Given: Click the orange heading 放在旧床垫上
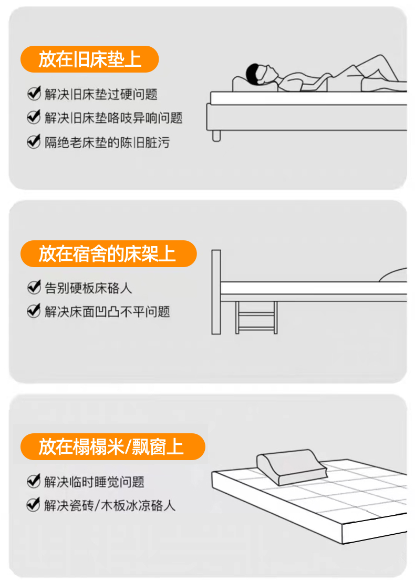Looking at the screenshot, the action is [90, 59].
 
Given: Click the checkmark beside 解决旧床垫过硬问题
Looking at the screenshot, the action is [34, 93].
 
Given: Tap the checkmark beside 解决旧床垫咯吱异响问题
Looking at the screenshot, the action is [34, 117].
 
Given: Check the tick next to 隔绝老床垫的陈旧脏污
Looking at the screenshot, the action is [34, 141].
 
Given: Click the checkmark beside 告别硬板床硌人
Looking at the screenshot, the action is [34, 287].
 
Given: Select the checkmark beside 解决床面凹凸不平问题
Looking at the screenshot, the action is [34, 311].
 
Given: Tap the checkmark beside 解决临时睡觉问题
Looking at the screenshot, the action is [34, 481].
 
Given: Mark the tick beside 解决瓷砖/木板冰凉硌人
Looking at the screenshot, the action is [34, 504].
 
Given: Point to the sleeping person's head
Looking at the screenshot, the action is [258, 73].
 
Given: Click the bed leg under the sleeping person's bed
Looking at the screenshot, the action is [216, 135].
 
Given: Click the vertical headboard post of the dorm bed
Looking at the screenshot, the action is [216, 292].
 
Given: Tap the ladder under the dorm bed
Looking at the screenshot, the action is [256, 318].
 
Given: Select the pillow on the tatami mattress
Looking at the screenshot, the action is [292, 467].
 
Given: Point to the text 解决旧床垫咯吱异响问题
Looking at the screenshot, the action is [114, 118].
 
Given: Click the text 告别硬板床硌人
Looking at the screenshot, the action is [88, 288].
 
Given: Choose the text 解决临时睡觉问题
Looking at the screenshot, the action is [94, 482].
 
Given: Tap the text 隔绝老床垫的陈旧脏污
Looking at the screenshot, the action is [107, 142].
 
